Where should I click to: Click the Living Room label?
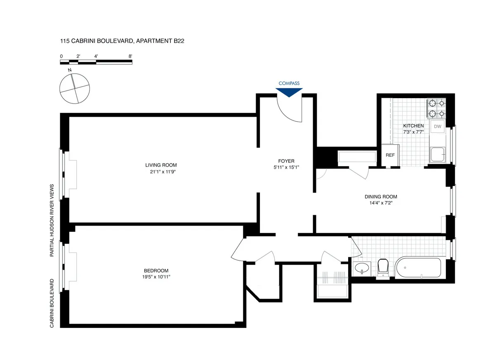point(164,165)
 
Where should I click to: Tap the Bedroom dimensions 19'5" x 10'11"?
point(156,277)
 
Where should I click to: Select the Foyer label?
point(286,161)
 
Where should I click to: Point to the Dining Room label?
point(381,197)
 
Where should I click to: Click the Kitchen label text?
point(413,125)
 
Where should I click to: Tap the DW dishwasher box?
point(438,127)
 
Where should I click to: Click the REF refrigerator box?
point(390,155)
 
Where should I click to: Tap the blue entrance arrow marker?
point(289,92)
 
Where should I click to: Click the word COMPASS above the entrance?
point(289,83)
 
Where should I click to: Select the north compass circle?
point(74,88)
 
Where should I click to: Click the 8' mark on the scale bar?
point(130,56)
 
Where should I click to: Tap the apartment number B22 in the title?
point(183,41)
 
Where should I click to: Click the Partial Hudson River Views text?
point(52,220)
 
